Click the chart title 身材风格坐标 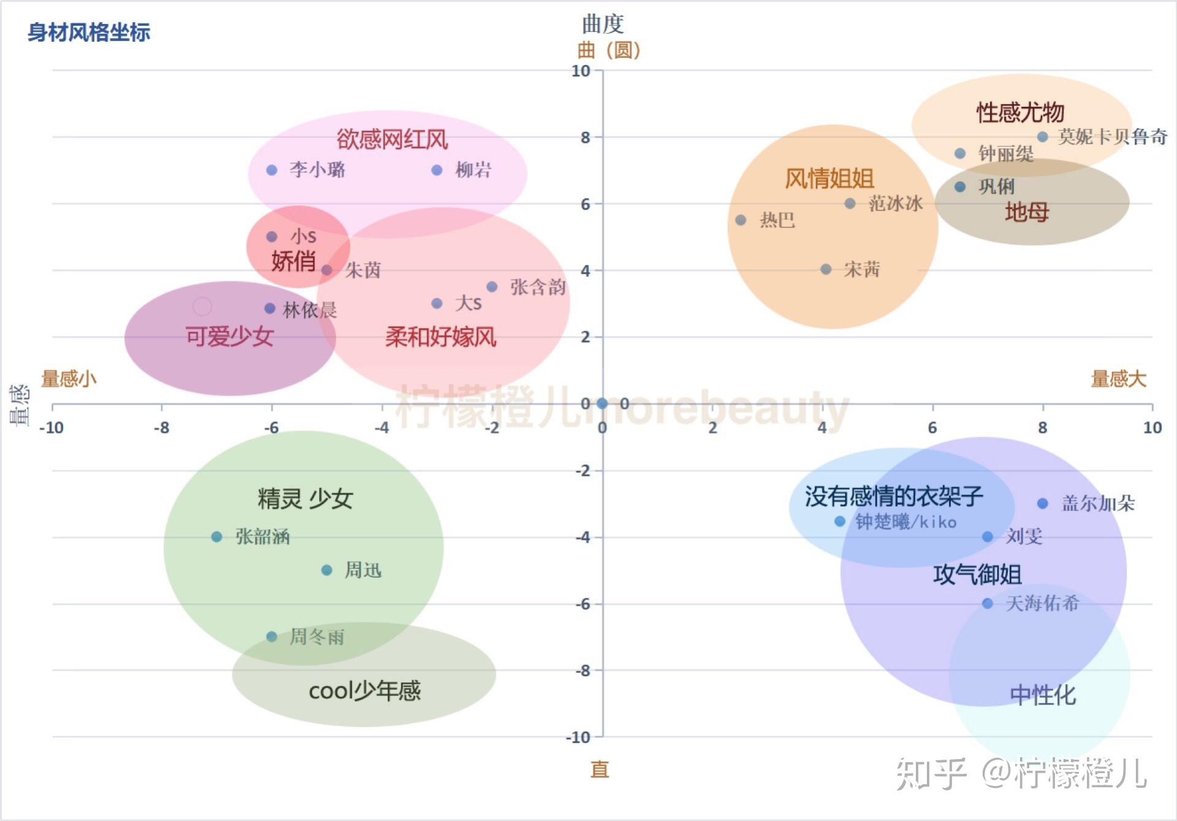89,32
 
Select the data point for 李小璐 272,170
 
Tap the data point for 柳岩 436,170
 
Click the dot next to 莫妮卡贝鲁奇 1042,137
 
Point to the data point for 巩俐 960,186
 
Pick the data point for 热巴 741,220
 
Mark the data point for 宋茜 826,269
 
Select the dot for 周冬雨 272,636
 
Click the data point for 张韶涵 216,537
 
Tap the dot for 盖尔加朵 1042,503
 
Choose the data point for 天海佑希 987,603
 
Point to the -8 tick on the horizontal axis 161,427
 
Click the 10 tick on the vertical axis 581,71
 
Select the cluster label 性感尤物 1020,112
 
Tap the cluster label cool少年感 365,691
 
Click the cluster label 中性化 1042,695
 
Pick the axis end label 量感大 1118,379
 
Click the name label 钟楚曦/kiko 906,522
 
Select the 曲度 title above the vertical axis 603,25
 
